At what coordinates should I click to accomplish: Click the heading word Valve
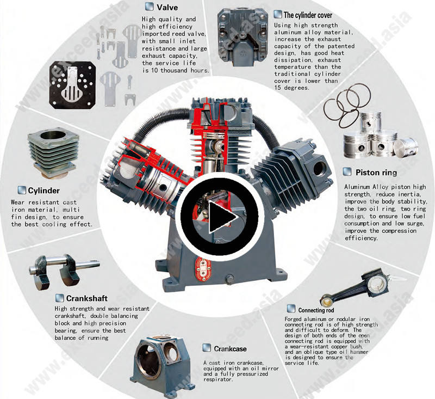167,7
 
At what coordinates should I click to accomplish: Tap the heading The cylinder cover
308,15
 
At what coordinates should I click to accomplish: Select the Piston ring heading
376,173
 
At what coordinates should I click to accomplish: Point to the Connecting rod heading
316,310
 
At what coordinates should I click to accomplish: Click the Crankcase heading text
230,349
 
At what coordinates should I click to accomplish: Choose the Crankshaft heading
87,298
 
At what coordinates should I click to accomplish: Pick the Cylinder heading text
44,191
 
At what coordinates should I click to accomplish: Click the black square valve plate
72,85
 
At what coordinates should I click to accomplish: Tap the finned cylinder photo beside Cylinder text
53,154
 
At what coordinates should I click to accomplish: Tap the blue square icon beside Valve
149,7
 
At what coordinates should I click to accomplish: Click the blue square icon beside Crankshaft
59,298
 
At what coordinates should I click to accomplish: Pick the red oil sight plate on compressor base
203,269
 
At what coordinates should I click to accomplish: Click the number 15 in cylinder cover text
277,88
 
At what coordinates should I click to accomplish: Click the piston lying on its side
406,146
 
